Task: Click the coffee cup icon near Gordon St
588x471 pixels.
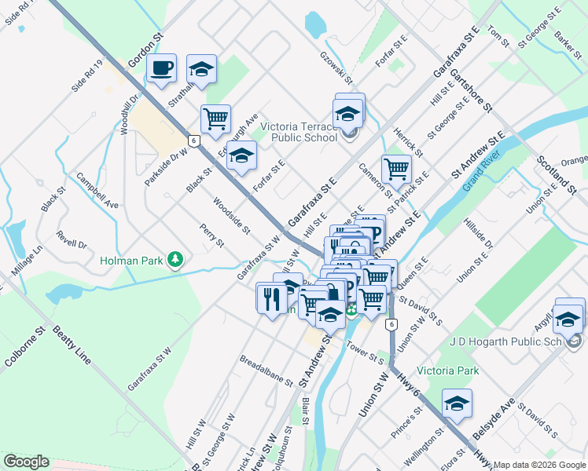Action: (162, 68)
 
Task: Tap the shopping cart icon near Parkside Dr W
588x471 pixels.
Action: (215, 119)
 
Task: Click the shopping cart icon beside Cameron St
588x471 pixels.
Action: (397, 168)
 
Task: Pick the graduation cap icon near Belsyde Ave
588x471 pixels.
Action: (457, 403)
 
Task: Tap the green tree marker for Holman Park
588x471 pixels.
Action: (178, 259)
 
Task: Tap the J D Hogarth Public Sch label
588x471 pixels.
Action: (506, 342)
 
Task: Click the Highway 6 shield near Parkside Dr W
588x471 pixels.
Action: (193, 139)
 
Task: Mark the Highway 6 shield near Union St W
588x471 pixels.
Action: (391, 323)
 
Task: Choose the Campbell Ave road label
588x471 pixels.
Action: (97, 192)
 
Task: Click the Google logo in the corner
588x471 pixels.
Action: (27, 461)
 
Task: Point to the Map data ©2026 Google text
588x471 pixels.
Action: (538, 465)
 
